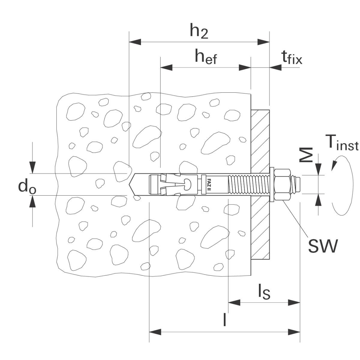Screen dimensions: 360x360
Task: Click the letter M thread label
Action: (x=307, y=155)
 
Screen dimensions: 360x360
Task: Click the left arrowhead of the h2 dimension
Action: (x=135, y=42)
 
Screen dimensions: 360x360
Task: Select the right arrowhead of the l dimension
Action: (x=294, y=332)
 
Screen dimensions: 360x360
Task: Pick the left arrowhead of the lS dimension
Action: (x=234, y=302)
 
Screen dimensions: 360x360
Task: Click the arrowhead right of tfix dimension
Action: (x=276, y=68)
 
